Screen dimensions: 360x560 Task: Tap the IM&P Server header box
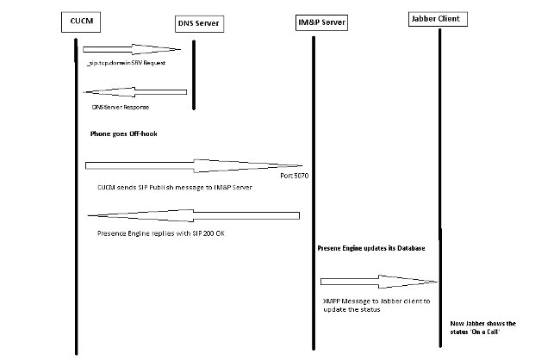(315, 21)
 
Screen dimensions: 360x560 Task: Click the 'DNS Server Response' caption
(120, 108)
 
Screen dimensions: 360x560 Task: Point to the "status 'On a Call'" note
(483, 327)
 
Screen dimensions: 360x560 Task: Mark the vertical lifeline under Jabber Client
(439, 172)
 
